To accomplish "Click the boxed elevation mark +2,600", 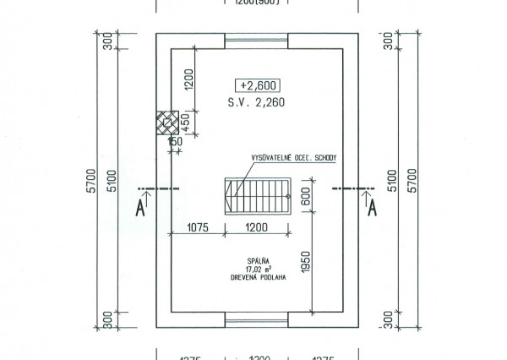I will tap(259, 85).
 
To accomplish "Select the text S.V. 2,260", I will tap(259, 104).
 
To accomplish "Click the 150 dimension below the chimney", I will tap(175, 142).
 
